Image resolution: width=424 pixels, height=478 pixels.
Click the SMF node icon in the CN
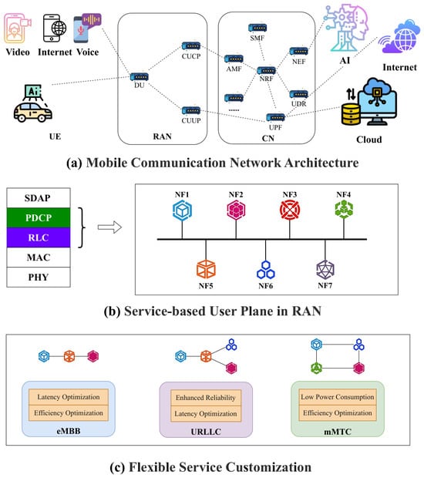click(257, 28)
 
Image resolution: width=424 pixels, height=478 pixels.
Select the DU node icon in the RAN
click(140, 77)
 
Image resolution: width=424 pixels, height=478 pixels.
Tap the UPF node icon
click(275, 117)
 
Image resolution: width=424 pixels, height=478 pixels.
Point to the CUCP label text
click(191, 56)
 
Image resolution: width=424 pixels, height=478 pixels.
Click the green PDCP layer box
click(39, 217)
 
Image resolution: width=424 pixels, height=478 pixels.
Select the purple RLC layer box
click(39, 237)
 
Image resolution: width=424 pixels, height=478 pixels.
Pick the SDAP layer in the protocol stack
click(39, 198)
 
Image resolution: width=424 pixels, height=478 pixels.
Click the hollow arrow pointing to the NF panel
click(109, 227)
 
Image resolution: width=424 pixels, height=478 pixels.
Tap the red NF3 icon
click(290, 210)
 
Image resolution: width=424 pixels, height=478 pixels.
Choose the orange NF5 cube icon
click(206, 269)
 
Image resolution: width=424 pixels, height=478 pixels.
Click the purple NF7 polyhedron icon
click(325, 269)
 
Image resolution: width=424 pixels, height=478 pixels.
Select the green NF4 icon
click(344, 210)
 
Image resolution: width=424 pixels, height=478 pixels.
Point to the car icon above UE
click(33, 113)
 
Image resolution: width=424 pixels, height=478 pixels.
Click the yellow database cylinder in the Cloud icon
click(351, 114)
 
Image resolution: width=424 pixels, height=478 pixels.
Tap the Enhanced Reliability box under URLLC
click(206, 398)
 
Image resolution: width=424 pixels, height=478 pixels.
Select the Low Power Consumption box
click(338, 397)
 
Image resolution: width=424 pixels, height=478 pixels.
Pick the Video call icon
click(17, 29)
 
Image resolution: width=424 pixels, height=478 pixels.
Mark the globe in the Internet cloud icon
click(405, 39)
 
